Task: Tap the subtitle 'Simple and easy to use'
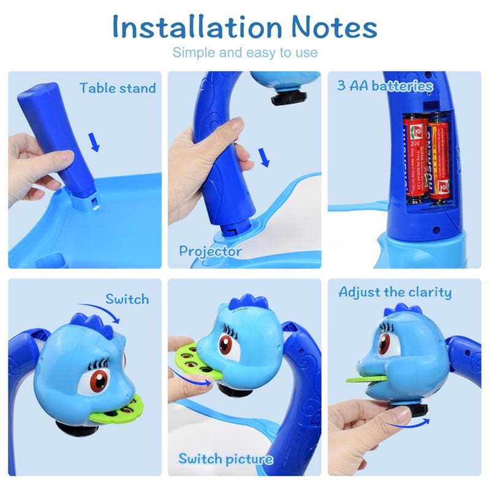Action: click(x=245, y=52)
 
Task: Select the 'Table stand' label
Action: click(x=118, y=88)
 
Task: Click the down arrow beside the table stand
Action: click(x=94, y=143)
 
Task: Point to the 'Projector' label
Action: click(x=210, y=251)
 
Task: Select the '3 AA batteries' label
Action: click(x=385, y=86)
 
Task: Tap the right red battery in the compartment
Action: click(x=439, y=159)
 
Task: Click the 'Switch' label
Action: click(x=127, y=299)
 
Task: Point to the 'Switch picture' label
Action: click(x=225, y=458)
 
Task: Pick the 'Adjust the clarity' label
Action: click(x=395, y=292)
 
